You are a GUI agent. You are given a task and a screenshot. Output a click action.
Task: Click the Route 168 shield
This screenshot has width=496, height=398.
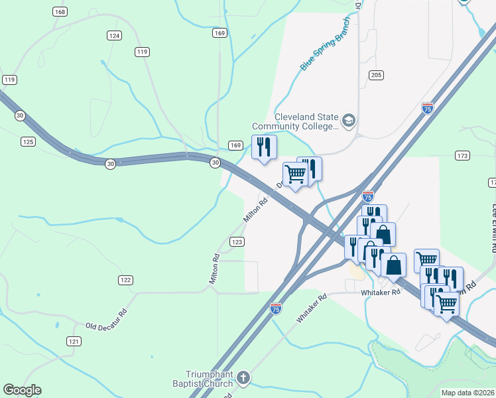click(x=60, y=12)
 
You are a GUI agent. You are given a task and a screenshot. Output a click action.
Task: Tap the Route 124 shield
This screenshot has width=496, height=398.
click(x=115, y=35)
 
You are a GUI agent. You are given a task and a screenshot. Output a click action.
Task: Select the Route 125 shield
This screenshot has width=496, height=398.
click(x=28, y=141)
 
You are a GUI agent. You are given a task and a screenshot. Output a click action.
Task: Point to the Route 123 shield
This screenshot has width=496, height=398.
click(x=237, y=242)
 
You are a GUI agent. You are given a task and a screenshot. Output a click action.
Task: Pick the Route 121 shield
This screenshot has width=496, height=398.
click(x=74, y=341)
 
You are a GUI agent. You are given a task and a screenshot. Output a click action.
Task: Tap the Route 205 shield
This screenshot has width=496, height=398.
click(x=377, y=75)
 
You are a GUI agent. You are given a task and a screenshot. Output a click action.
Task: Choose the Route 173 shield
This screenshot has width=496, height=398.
click(x=462, y=156)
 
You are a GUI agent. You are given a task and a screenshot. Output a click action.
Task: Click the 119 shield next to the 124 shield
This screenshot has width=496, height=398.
click(x=141, y=52)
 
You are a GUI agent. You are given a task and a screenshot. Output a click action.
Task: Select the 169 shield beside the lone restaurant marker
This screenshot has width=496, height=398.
click(x=235, y=145)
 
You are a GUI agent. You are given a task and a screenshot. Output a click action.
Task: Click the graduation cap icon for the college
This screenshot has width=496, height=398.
click(x=349, y=121)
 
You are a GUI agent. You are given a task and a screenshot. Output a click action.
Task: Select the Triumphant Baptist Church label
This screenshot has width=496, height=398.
click(x=209, y=379)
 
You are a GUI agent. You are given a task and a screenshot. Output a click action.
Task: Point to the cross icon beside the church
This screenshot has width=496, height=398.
click(x=243, y=379)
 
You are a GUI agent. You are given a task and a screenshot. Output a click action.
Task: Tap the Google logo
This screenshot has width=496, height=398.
click(x=22, y=390)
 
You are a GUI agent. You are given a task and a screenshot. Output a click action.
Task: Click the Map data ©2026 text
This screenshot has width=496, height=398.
click(x=468, y=393)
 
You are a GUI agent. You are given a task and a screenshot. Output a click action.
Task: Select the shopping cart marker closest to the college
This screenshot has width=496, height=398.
click(x=295, y=174)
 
